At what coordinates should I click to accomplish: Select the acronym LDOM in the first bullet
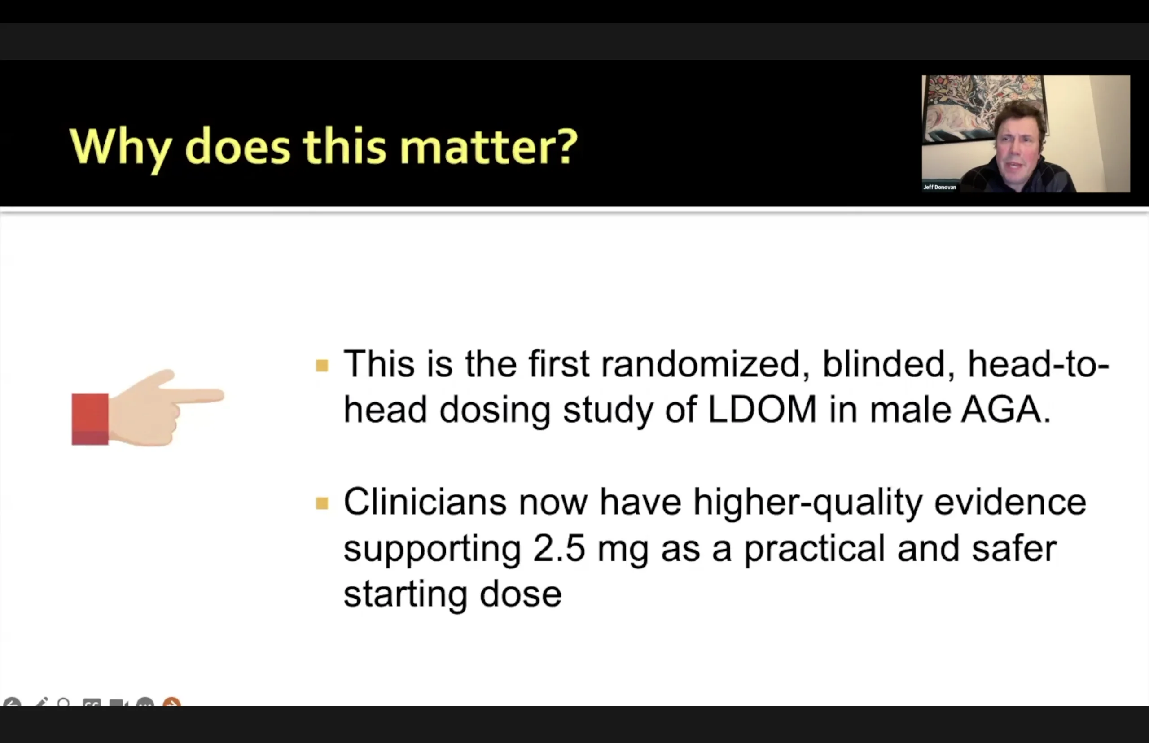coord(762,409)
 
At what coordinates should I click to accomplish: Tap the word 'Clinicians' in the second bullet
coord(425,502)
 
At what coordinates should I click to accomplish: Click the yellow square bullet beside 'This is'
coord(322,365)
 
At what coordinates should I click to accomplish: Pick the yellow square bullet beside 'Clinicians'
coord(322,503)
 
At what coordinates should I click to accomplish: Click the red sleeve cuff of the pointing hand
coord(90,419)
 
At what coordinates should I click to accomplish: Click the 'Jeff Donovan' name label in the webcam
coord(939,187)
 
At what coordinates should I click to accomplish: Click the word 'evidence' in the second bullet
coord(1010,502)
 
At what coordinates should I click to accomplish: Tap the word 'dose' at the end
coord(521,594)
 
